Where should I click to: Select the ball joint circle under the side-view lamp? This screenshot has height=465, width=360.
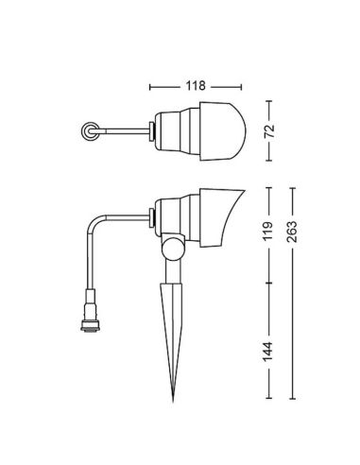[172, 249]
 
